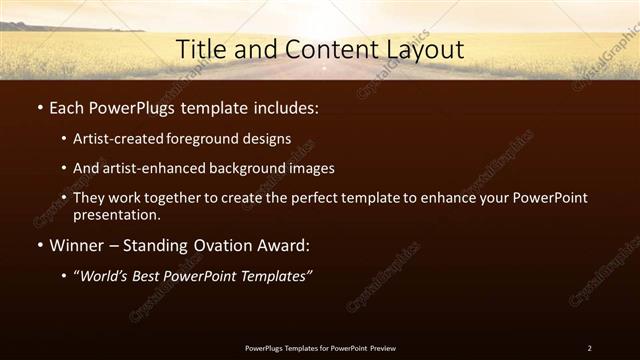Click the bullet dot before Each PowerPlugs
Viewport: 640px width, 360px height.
[x=39, y=108]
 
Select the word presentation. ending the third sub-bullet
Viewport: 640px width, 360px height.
[x=117, y=214]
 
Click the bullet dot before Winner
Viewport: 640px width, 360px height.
[x=39, y=245]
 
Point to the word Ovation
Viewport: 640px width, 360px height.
[x=221, y=245]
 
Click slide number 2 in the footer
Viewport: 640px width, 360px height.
[x=589, y=348]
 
